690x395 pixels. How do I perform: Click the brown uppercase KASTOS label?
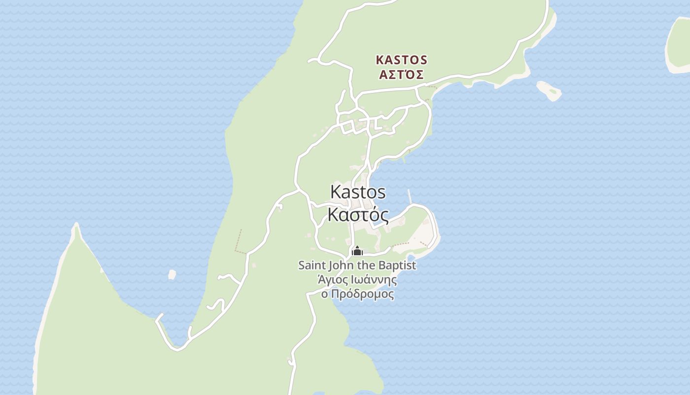tap(401, 60)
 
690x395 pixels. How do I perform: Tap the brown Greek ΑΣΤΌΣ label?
tap(401, 75)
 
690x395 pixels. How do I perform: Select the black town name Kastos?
tap(358, 192)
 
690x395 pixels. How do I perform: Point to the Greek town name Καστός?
tap(358, 215)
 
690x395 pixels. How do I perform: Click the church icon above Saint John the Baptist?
tap(357, 251)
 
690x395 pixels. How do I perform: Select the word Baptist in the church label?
tap(397, 265)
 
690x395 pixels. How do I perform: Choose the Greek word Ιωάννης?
tap(375, 280)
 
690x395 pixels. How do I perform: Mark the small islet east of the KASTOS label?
tap(549, 90)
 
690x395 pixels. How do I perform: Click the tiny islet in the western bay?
tap(172, 274)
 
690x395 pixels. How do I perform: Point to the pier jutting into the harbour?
tap(410, 196)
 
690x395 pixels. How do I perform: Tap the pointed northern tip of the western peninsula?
tap(76, 227)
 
